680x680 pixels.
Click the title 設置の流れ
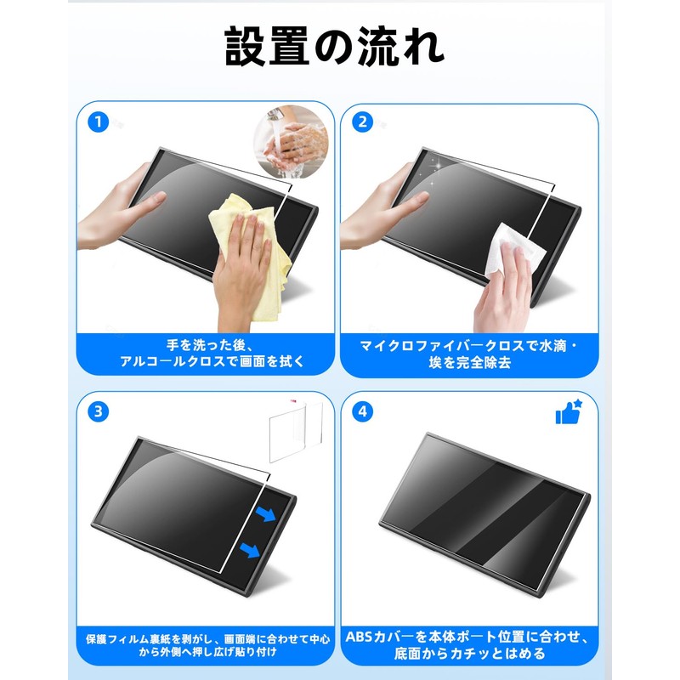coord(334,47)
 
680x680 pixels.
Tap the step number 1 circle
coord(99,122)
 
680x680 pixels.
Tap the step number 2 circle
coord(363,122)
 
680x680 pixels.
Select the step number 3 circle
coord(99,411)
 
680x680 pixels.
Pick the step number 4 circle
coord(363,411)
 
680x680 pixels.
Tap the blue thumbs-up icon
coord(567,411)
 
